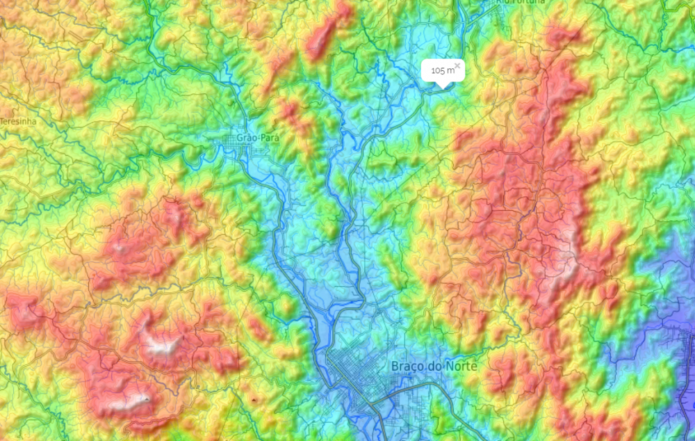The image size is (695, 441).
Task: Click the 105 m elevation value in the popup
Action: pyautogui.click(x=439, y=70)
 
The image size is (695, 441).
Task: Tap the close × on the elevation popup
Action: pyautogui.click(x=457, y=65)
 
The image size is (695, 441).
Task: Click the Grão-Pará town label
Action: pyautogui.click(x=258, y=138)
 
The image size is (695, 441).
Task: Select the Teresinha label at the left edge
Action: pyautogui.click(x=18, y=121)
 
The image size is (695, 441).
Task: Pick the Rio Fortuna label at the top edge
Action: pyautogui.click(x=521, y=2)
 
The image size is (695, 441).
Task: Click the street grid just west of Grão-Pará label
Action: pyautogui.click(x=230, y=141)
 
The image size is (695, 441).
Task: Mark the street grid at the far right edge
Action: pyautogui.click(x=685, y=348)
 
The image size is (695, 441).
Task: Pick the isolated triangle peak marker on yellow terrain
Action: pyautogui.click(x=254, y=401)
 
